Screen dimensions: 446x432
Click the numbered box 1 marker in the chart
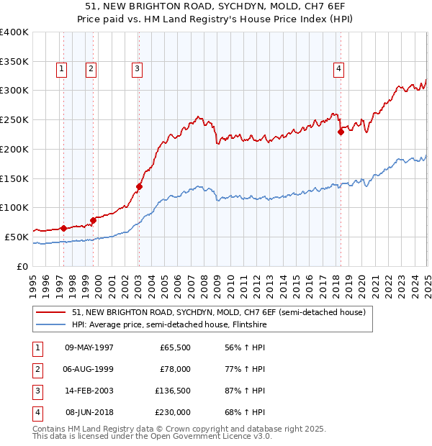pos(61,69)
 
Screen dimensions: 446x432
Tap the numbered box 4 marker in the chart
pos(338,69)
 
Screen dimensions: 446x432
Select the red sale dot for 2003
pos(140,186)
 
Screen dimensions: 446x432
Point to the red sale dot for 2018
pos(341,131)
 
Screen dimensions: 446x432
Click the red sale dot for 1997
pos(63,228)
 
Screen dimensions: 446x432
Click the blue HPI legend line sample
pos(51,324)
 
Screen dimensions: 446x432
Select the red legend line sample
pos(51,312)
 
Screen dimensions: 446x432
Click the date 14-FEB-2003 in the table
pos(89,391)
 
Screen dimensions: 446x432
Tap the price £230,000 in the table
pos(174,412)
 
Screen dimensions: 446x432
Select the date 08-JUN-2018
pos(89,412)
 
